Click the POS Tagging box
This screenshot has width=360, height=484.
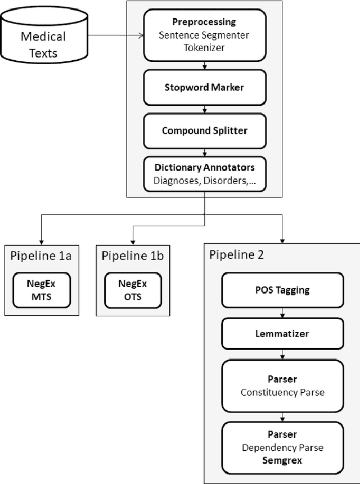point(283,290)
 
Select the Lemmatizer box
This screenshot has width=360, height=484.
point(283,334)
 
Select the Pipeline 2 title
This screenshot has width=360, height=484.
point(236,254)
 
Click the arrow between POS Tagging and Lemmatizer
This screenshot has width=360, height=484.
point(283,313)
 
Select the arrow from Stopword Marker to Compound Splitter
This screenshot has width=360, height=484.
point(205,109)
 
